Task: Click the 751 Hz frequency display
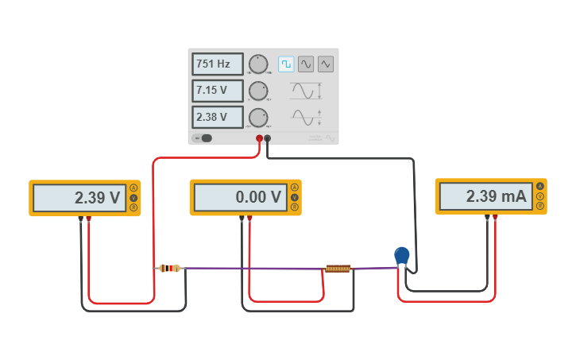[x=217, y=64]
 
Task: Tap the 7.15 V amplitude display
[x=217, y=91]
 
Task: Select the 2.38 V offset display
[x=217, y=118]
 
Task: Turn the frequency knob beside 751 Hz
[x=258, y=64]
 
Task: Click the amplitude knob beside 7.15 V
[x=258, y=91]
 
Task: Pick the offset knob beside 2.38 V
[x=258, y=118]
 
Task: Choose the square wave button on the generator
[x=286, y=64]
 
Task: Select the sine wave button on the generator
[x=306, y=64]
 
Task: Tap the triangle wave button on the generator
[x=326, y=64]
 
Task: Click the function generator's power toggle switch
[x=203, y=138]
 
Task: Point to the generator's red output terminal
[x=259, y=138]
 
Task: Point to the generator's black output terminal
[x=268, y=138]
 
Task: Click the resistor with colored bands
[x=169, y=269]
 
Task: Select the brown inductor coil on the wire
[x=338, y=269]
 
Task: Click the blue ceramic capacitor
[x=402, y=255]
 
